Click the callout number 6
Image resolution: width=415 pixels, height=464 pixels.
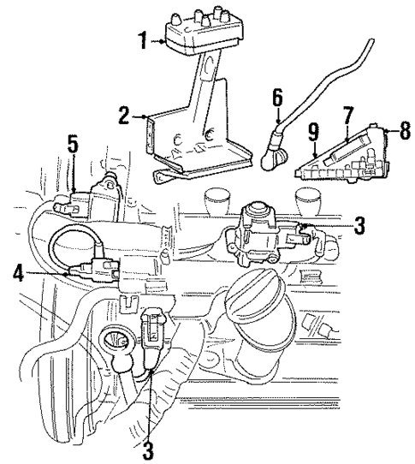point(276,100)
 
